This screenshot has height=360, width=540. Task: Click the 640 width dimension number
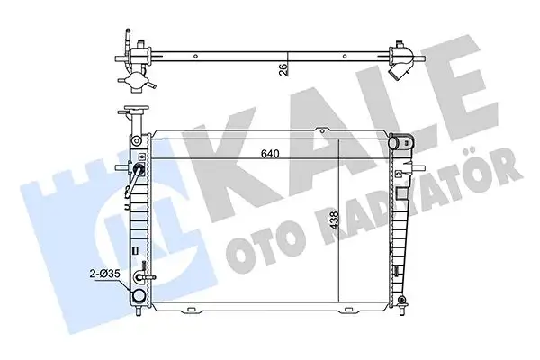(x=270, y=154)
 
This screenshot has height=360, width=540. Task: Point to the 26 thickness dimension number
(x=283, y=70)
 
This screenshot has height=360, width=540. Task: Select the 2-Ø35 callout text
(x=104, y=274)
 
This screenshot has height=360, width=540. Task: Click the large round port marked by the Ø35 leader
(x=139, y=295)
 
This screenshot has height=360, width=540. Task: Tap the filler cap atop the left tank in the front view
(x=137, y=109)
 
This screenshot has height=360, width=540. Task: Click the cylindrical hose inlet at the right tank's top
(x=398, y=142)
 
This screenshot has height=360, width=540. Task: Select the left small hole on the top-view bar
(x=195, y=57)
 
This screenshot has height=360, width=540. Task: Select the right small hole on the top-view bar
(x=345, y=57)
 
